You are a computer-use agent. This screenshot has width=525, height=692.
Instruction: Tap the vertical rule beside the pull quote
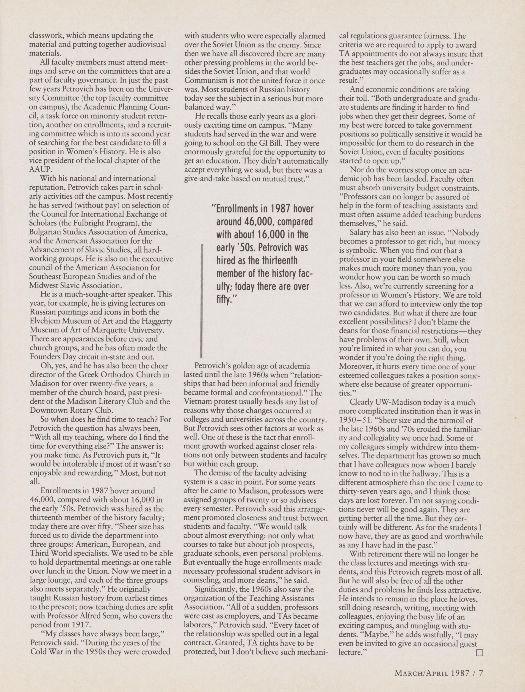pos(202,301)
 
